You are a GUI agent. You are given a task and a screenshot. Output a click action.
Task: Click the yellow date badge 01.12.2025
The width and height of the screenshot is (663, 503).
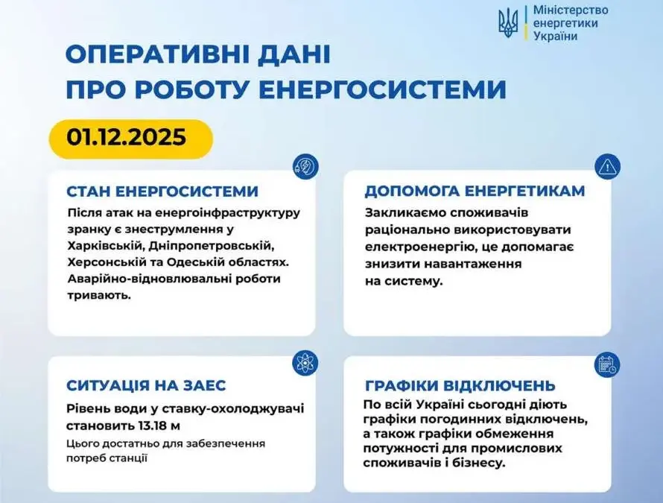point(130,139)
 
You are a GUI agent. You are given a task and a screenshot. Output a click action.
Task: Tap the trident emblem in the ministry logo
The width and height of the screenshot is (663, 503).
point(508,23)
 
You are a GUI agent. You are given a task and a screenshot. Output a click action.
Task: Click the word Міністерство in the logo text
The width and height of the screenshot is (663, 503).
point(571,10)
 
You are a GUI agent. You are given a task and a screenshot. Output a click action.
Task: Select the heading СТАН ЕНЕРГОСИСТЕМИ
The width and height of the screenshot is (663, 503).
point(162,192)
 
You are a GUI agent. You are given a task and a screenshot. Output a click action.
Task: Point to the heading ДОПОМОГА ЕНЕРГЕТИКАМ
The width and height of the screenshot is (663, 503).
point(475,191)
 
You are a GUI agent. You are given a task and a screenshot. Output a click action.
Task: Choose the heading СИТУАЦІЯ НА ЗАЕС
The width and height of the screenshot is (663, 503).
point(146,385)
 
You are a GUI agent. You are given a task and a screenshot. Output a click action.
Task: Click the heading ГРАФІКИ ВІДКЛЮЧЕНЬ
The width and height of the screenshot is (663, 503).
point(460,385)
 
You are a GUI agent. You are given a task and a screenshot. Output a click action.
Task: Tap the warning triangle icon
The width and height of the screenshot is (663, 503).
point(607,167)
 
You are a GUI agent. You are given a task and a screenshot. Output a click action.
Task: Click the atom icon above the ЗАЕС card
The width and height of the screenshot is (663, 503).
point(305,363)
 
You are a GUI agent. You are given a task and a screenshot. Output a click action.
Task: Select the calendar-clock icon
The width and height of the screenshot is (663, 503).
point(607,364)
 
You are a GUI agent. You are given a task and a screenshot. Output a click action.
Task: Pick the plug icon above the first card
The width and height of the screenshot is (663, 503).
point(305,166)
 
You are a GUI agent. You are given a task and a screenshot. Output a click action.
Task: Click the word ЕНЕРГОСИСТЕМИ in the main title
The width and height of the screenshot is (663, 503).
point(382,89)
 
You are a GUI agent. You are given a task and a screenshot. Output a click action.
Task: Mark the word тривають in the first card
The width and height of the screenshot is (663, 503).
point(99,296)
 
